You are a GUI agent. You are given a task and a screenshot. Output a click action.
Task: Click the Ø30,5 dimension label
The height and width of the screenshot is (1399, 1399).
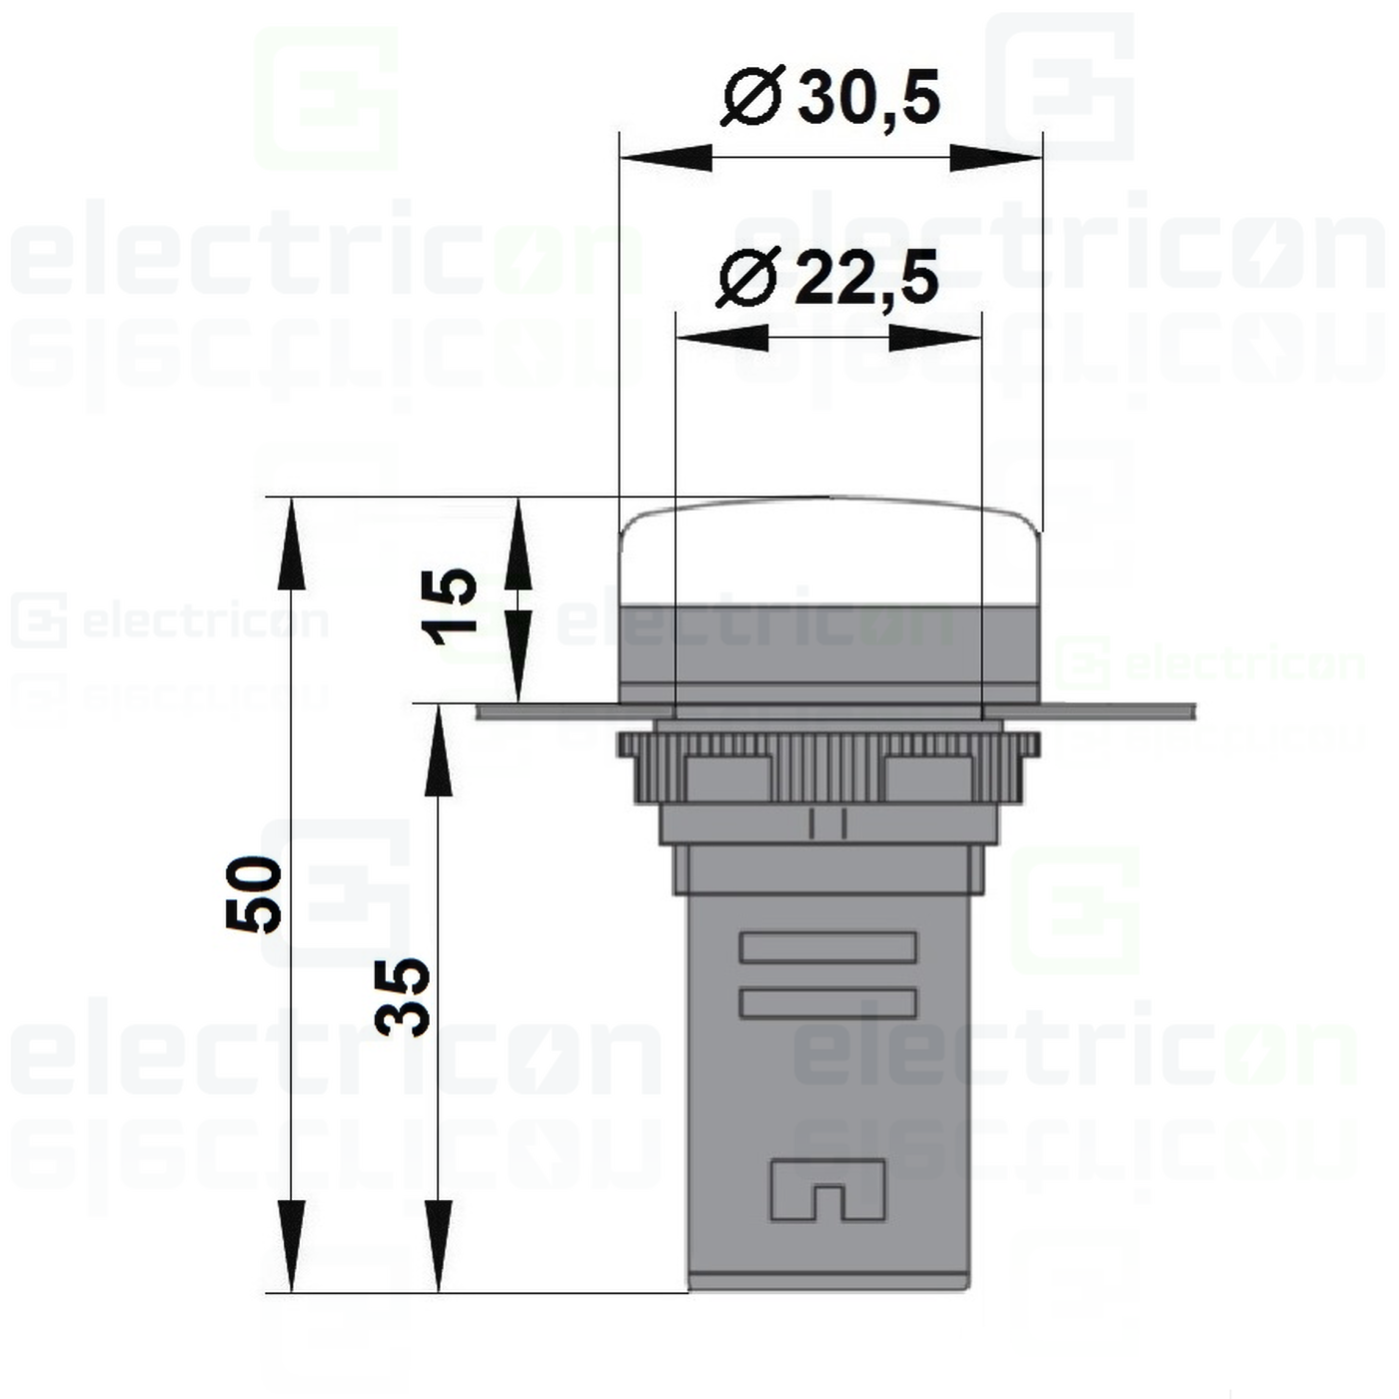click(x=831, y=98)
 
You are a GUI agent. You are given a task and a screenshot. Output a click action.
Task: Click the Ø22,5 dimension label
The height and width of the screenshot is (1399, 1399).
click(x=828, y=278)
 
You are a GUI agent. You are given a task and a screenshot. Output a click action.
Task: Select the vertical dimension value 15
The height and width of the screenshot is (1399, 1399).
click(x=449, y=607)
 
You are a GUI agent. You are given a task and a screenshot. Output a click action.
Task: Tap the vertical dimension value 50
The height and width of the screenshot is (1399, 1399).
click(x=254, y=894)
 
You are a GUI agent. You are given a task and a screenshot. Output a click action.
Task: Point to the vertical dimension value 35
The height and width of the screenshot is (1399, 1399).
click(x=402, y=996)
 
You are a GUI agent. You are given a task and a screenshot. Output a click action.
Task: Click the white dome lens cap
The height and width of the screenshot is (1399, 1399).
click(x=829, y=552)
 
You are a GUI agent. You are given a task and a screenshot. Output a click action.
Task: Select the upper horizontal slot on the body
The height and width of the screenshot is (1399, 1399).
click(x=827, y=947)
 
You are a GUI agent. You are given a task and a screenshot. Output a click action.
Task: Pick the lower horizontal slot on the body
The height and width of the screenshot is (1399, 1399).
click(x=827, y=1003)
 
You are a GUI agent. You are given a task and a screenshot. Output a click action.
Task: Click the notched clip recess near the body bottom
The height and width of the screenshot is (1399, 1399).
click(x=827, y=1190)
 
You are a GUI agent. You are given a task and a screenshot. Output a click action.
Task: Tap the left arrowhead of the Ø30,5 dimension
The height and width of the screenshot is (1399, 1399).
click(x=665, y=158)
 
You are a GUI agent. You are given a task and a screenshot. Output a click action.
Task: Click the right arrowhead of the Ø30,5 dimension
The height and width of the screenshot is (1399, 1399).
click(x=996, y=158)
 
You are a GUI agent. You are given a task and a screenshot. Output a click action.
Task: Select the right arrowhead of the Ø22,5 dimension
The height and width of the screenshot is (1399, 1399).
click(x=935, y=339)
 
